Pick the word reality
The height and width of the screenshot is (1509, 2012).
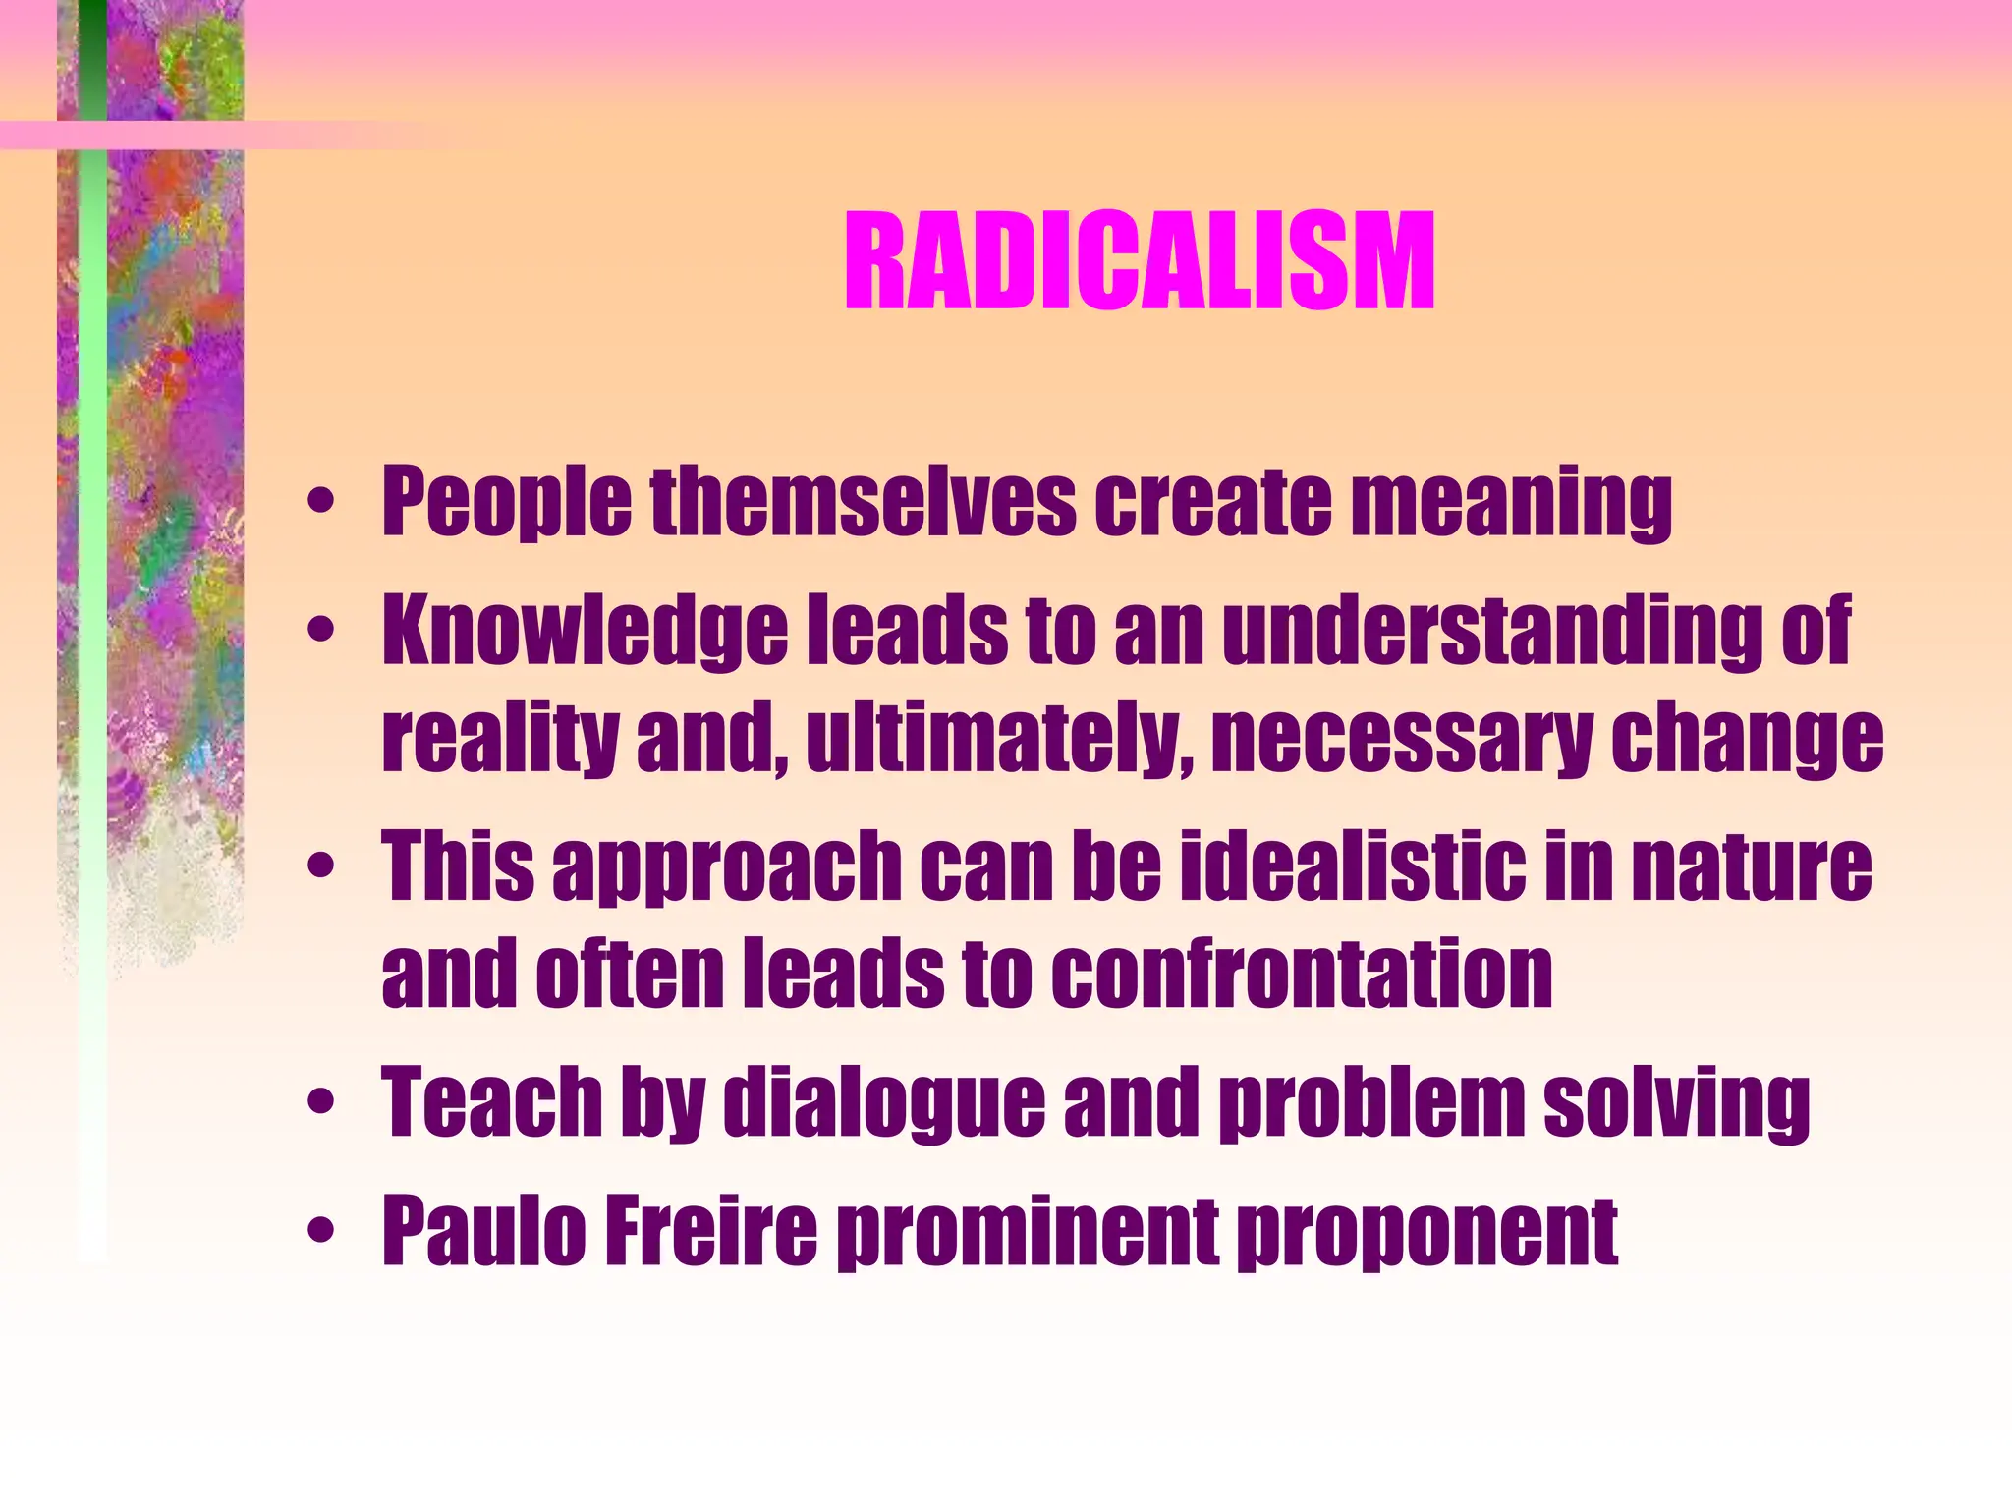click(499, 739)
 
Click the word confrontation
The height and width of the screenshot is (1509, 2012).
click(1302, 973)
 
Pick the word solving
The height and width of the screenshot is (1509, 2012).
click(1676, 1102)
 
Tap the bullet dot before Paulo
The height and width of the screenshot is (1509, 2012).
click(320, 1232)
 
